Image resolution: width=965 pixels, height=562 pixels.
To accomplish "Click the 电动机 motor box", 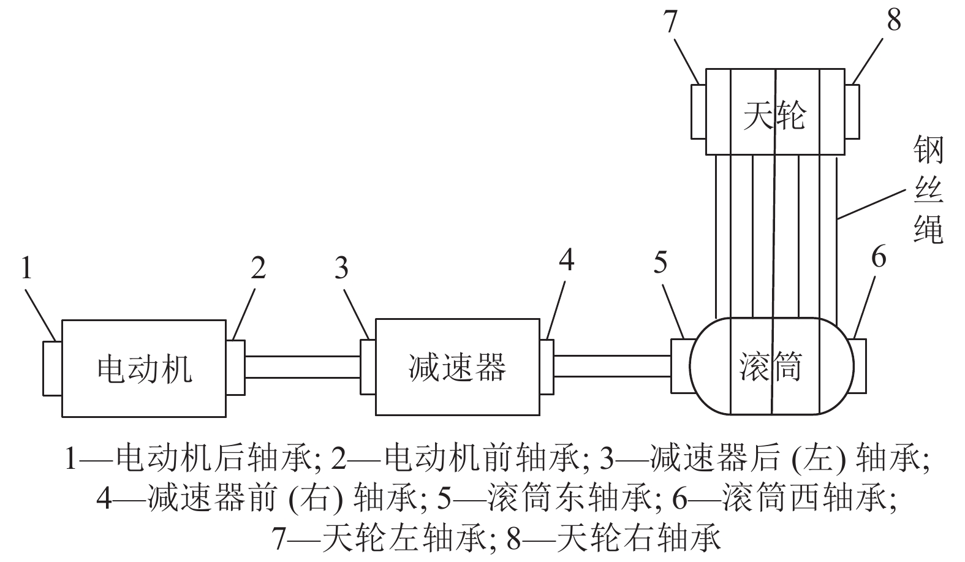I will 143,368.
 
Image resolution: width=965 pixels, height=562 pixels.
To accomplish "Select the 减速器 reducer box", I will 457,367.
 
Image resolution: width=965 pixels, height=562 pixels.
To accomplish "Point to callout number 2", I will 259,267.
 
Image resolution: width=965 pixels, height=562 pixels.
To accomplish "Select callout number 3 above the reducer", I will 341,267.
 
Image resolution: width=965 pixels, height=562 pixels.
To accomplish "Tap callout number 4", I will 567,260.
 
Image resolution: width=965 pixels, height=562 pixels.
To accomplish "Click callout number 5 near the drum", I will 660,262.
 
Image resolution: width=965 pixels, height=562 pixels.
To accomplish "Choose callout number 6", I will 879,257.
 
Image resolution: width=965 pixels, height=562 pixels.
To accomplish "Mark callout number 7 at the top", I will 670,21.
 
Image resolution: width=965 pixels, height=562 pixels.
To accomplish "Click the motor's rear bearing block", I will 52,368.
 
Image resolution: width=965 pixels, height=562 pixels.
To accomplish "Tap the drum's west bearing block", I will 859,365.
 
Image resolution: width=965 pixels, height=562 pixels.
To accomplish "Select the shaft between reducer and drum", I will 612,366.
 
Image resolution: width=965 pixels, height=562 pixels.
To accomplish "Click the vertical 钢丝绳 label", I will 928,189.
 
